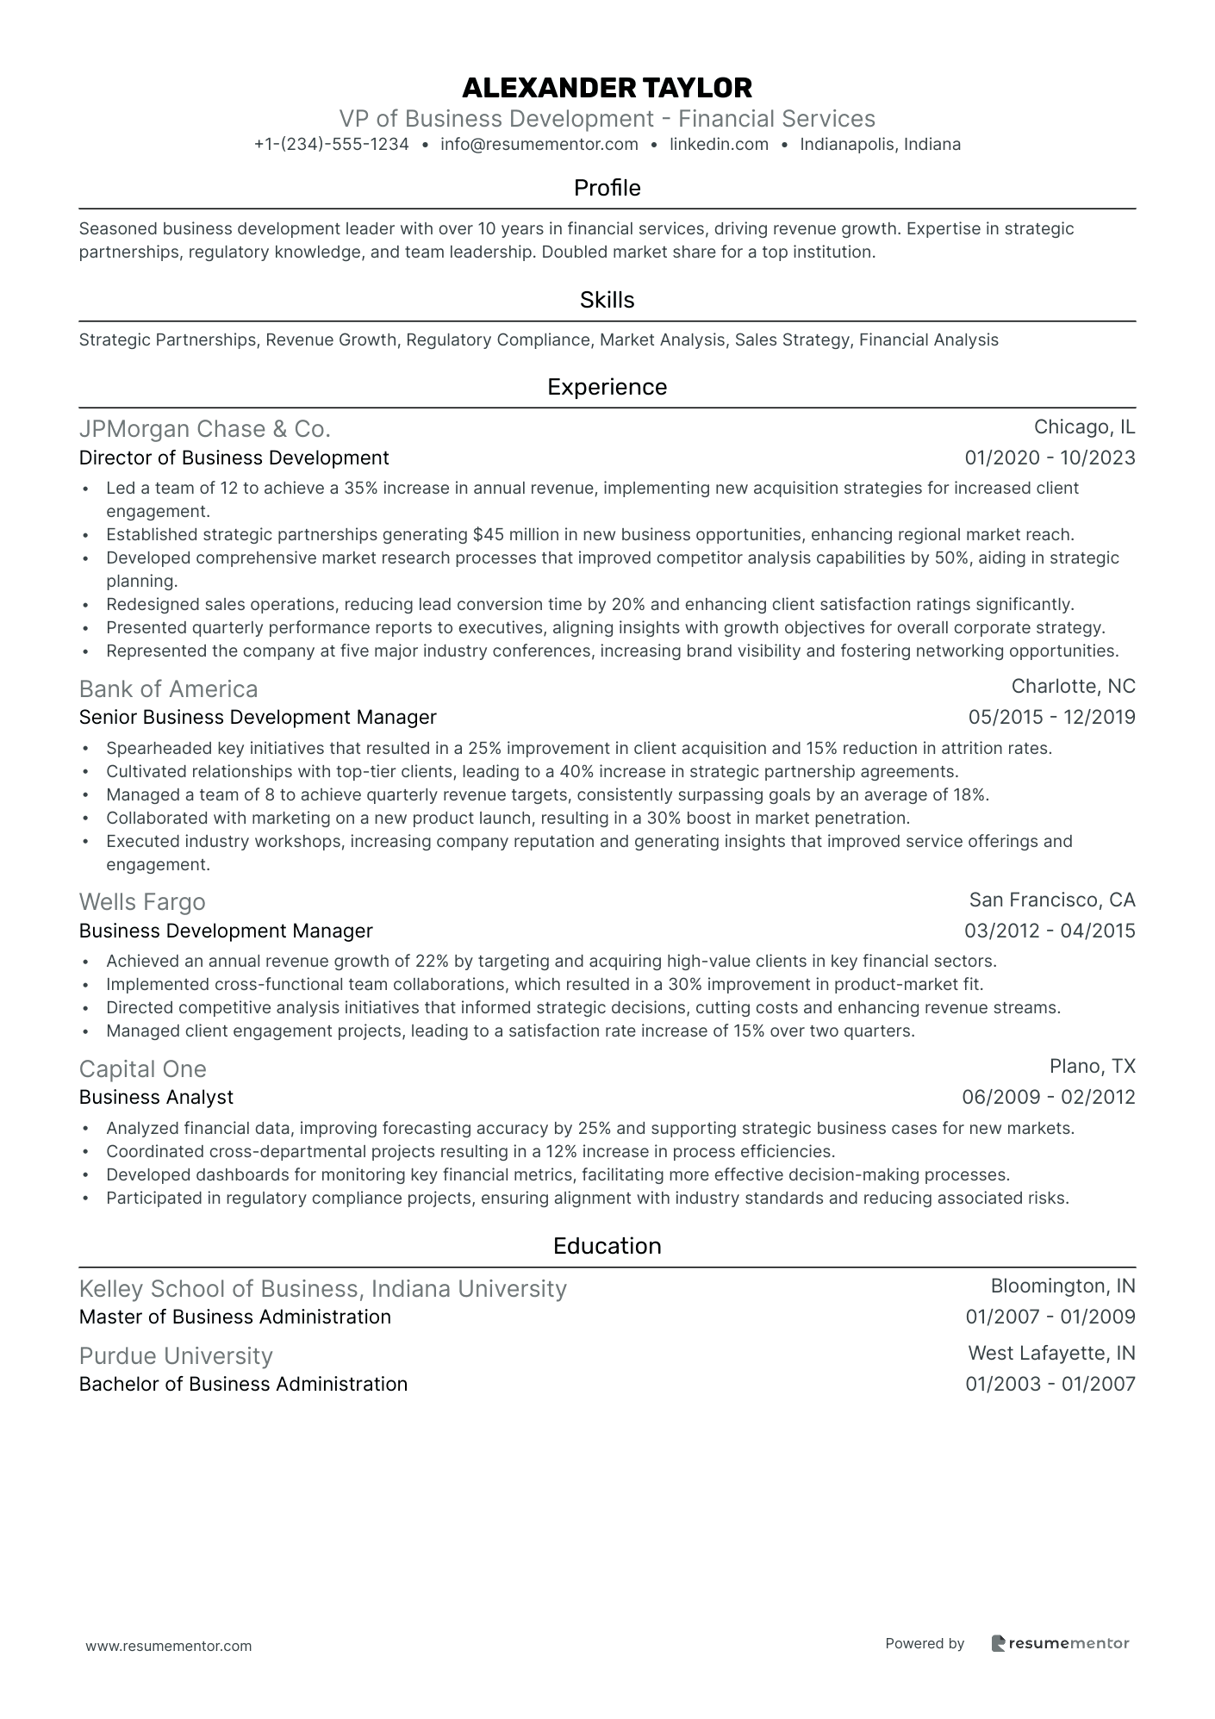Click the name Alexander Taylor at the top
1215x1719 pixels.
point(607,87)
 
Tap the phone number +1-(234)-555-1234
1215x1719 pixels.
point(331,145)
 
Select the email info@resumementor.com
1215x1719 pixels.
point(539,145)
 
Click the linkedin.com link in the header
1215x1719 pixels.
point(719,145)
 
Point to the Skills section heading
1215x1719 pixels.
point(607,300)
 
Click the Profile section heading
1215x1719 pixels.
point(607,188)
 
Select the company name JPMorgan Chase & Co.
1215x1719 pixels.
point(204,429)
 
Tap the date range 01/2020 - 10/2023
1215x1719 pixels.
point(1050,458)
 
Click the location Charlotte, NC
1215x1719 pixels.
point(1073,687)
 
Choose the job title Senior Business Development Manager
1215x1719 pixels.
point(258,718)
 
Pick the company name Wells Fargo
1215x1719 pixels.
point(142,902)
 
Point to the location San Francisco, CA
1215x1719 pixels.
point(1052,900)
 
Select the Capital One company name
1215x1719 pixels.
point(143,1069)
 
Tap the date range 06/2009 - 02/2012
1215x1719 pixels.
point(1049,1098)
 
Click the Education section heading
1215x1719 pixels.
point(607,1246)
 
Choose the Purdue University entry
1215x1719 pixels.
point(176,1356)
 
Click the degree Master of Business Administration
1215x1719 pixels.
point(234,1317)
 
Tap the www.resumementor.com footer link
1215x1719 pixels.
point(169,1646)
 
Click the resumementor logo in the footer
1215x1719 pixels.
point(1060,1643)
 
